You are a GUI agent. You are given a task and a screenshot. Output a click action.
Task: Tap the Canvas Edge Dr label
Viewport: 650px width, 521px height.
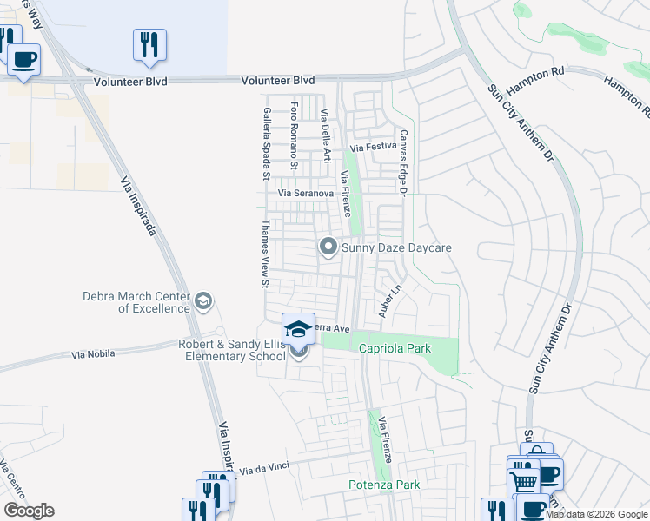coord(403,162)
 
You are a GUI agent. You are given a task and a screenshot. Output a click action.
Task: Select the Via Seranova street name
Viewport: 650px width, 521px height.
coord(306,193)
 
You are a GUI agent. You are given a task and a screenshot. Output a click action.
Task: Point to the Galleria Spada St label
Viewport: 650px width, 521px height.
coord(267,144)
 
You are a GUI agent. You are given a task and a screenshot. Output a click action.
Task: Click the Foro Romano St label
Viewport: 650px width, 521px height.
coord(295,137)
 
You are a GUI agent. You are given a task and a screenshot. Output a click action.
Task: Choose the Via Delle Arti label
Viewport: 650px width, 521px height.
coord(326,137)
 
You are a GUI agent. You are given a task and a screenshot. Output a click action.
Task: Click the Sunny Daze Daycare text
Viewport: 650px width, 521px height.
coord(396,248)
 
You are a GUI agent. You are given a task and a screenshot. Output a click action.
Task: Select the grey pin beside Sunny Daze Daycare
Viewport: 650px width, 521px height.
coord(328,247)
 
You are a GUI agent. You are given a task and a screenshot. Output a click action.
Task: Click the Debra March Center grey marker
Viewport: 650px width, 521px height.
coord(202,301)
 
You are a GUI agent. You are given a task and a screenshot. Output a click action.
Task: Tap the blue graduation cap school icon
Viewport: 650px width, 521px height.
coord(298,329)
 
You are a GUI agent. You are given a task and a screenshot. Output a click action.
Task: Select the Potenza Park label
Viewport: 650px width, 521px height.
coord(384,485)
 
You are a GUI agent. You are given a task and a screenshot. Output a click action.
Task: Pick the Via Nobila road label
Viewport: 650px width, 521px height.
coord(93,355)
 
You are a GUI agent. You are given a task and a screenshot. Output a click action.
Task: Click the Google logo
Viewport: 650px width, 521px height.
coord(29,511)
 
